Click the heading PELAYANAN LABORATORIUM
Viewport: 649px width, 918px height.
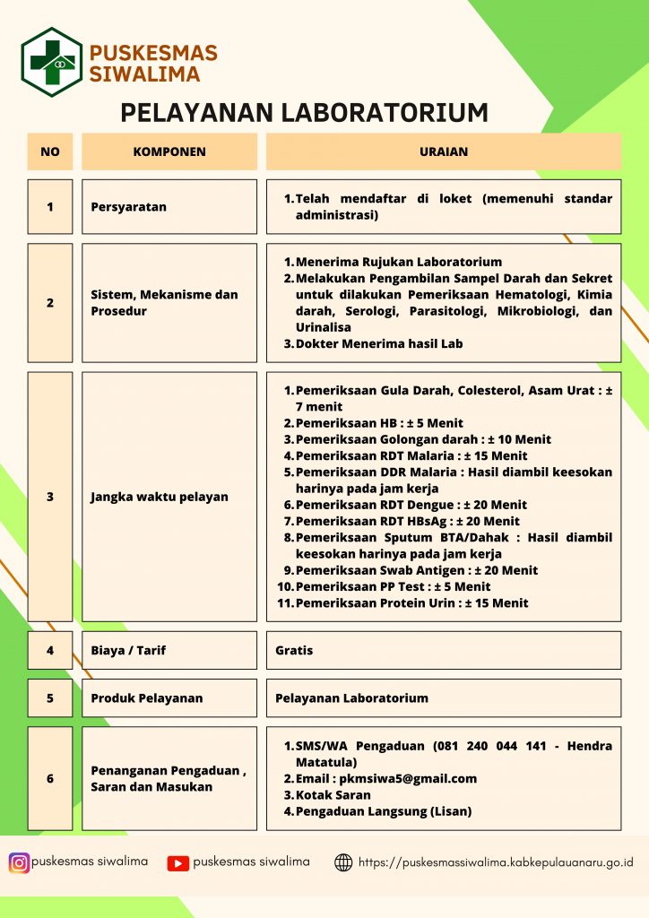coord(305,112)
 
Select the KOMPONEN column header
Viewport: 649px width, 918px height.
coord(169,152)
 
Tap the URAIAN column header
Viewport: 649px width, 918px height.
coord(444,152)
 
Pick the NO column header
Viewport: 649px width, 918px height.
coord(50,152)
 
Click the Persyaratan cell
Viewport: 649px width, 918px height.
coord(169,207)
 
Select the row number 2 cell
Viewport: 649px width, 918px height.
coord(50,303)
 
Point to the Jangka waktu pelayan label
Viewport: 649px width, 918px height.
coord(160,497)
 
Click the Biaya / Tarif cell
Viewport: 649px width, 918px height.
coord(169,650)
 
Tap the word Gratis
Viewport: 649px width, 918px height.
coord(294,650)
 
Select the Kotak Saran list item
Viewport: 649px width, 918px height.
coord(333,795)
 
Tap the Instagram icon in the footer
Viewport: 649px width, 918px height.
coord(19,862)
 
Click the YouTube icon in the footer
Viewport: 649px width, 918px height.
coord(178,863)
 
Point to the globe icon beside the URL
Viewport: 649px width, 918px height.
coord(343,862)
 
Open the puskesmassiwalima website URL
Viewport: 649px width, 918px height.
coord(496,862)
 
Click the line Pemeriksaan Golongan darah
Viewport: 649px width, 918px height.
coord(423,439)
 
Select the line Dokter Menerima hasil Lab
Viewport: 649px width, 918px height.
coord(379,343)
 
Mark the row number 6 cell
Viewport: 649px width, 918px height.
coord(50,778)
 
